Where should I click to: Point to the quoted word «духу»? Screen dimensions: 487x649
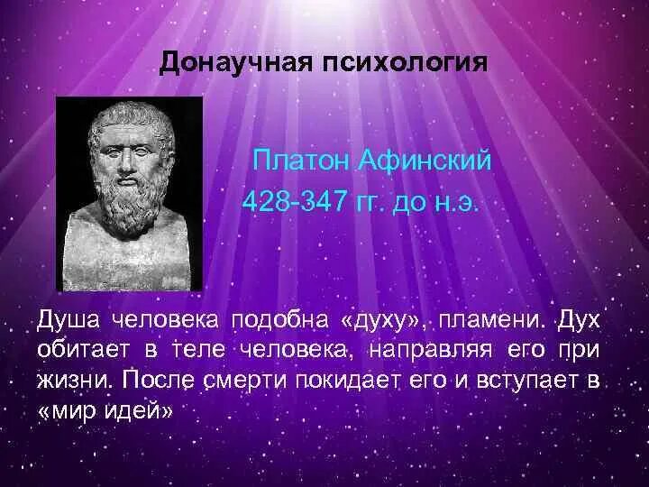click(x=378, y=321)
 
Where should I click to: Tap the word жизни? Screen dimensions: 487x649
click(x=73, y=379)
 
